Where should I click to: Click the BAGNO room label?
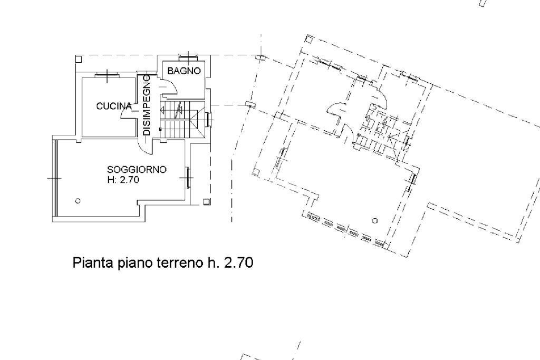[184, 71]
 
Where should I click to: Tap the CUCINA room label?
[113, 106]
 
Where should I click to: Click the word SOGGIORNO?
[137, 170]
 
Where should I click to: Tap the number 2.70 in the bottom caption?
[238, 262]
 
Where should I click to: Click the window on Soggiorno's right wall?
[187, 178]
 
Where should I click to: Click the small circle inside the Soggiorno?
[78, 200]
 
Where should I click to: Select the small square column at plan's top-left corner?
[78, 59]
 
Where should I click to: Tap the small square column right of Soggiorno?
[206, 201]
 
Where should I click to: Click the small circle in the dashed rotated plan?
[374, 220]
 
